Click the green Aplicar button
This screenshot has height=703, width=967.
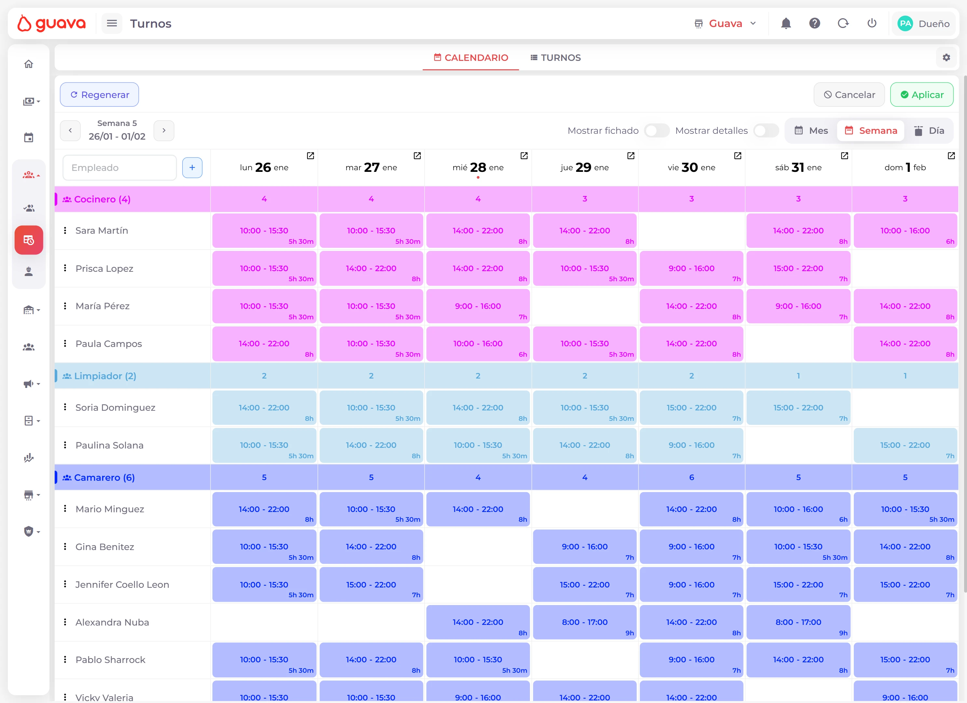pyautogui.click(x=921, y=95)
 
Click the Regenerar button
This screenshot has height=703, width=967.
pyautogui.click(x=99, y=95)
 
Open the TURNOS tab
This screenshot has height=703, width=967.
pyautogui.click(x=555, y=58)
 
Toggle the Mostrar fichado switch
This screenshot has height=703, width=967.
pyautogui.click(x=656, y=131)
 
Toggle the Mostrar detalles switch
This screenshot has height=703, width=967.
pyautogui.click(x=765, y=131)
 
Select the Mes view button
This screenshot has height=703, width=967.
pyautogui.click(x=811, y=131)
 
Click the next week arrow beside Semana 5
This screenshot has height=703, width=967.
pyautogui.click(x=164, y=131)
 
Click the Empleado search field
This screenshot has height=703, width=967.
pyautogui.click(x=120, y=168)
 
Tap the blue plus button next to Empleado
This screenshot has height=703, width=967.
pyautogui.click(x=192, y=168)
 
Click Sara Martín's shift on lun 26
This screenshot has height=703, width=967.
pyautogui.click(x=264, y=231)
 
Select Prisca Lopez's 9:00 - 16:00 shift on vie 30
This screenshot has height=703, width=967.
pyautogui.click(x=691, y=268)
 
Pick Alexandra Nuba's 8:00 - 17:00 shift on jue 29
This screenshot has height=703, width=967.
pyautogui.click(x=585, y=622)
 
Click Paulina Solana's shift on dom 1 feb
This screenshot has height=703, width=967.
pyautogui.click(x=905, y=445)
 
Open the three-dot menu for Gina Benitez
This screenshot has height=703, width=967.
pyautogui.click(x=65, y=546)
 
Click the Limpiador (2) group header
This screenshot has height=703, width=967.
pyautogui.click(x=105, y=376)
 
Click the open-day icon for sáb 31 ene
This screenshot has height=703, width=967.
pyautogui.click(x=844, y=156)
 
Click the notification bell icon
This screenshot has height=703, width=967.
pyautogui.click(x=786, y=23)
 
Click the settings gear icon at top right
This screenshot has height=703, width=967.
pyautogui.click(x=946, y=58)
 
